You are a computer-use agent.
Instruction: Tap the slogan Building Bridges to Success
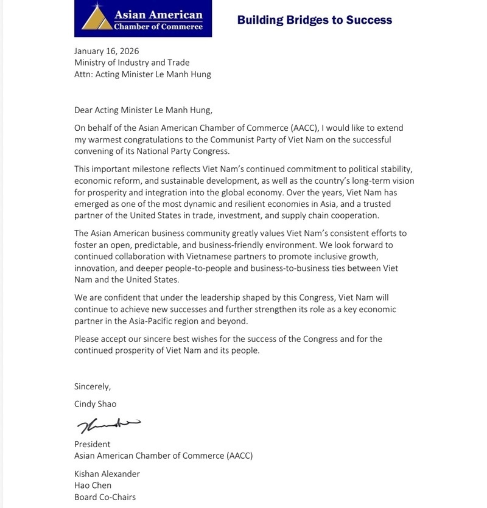pos(314,20)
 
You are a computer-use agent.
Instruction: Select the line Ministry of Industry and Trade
pos(131,63)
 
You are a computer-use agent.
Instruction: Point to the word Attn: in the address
pos(85,74)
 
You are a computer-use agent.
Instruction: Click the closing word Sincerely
pos(93,386)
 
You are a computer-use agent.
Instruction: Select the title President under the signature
pos(93,444)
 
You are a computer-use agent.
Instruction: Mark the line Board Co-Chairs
pos(105,496)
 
